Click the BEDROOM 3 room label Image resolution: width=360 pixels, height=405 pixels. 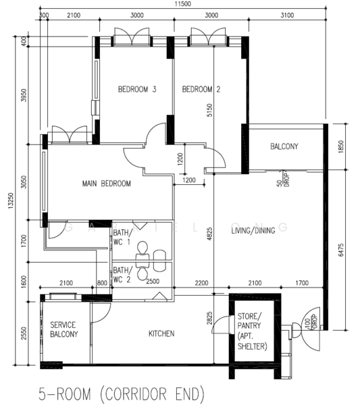(x=137, y=89)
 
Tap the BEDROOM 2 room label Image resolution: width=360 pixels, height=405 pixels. (x=201, y=89)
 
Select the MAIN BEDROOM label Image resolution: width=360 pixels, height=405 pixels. (x=107, y=184)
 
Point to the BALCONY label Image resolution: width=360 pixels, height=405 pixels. (x=284, y=146)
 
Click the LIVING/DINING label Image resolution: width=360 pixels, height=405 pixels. (x=253, y=230)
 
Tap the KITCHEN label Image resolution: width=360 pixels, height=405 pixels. (x=161, y=333)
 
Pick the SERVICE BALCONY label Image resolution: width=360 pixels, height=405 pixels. (x=64, y=329)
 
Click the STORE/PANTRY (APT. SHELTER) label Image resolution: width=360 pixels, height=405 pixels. (x=252, y=331)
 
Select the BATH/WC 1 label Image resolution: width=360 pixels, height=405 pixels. (x=123, y=237)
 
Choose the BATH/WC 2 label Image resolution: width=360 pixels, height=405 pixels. (x=123, y=275)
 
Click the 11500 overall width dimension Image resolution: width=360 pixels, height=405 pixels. (x=183, y=4)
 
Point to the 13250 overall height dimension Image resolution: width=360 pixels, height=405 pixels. (x=11, y=200)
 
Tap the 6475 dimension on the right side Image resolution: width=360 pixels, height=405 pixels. (x=341, y=250)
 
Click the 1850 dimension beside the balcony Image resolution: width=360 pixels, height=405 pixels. (x=341, y=146)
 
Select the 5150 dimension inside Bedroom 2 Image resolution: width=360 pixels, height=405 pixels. (x=209, y=110)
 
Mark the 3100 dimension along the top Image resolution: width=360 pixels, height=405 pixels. (x=287, y=16)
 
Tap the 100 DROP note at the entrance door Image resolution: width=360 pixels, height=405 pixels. (x=311, y=322)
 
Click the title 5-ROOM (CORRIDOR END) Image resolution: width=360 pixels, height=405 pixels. (x=122, y=394)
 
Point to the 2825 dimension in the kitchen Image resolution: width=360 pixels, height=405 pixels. (x=209, y=318)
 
